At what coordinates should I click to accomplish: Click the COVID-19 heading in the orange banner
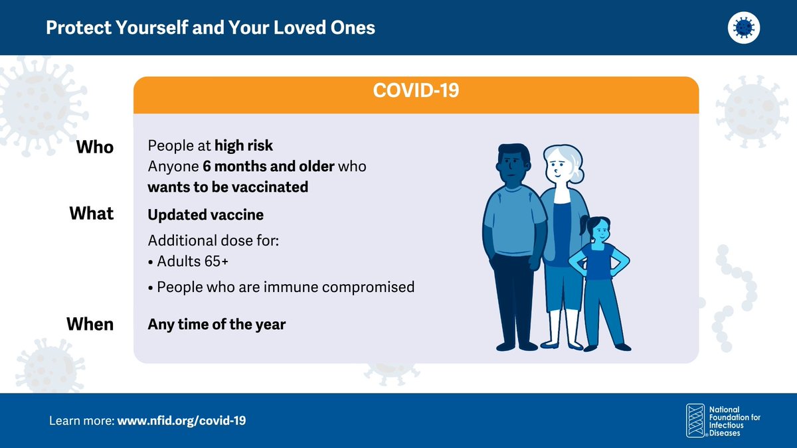coord(416,91)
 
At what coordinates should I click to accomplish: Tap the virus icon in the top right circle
coord(743,28)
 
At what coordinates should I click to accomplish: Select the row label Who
coord(95,147)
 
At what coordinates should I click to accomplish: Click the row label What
coord(92,214)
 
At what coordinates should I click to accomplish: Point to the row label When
coord(90,325)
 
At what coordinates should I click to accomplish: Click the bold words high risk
coord(243,145)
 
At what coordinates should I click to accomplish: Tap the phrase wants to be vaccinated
coord(228,187)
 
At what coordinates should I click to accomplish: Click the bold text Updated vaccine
coord(205,215)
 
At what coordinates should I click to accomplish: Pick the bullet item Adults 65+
coord(192,261)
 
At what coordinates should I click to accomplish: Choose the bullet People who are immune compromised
coord(285,287)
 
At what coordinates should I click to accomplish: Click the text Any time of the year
coord(217,325)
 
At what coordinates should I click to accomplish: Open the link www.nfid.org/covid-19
coord(181,421)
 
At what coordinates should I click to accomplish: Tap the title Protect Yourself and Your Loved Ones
coord(211,28)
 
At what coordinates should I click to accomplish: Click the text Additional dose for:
coord(213,240)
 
